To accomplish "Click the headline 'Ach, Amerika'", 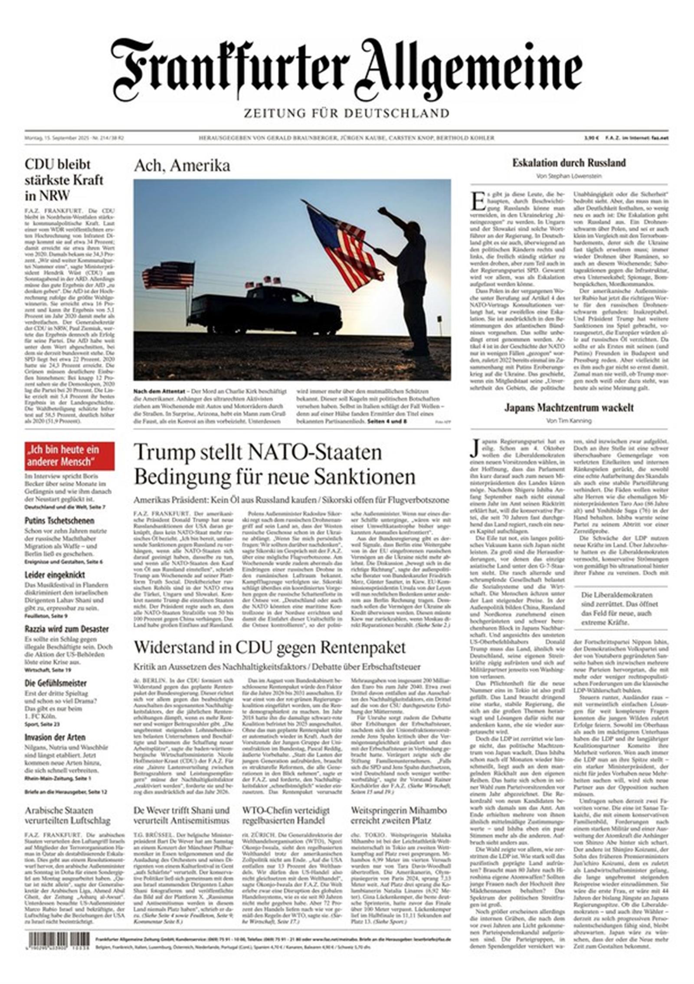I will coord(182,166).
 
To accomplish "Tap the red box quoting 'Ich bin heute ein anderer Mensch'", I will coord(69,455).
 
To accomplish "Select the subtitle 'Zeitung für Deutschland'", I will coord(346,114).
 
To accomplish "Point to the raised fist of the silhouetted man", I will coord(382,211).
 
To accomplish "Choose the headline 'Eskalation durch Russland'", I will coord(569,163).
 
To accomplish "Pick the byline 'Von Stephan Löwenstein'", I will coord(569,176).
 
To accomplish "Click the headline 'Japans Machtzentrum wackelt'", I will coord(569,408).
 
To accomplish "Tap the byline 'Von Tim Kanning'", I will coord(569,421).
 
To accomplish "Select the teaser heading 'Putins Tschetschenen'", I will coord(59,520).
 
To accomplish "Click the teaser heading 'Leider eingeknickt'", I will coord(55,575).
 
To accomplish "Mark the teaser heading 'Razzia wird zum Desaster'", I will coord(66,629).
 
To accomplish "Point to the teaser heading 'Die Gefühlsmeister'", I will coord(56,683).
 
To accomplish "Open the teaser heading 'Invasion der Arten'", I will coord(55,737).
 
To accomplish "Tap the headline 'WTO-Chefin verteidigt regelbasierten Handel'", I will coord(286,815).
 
